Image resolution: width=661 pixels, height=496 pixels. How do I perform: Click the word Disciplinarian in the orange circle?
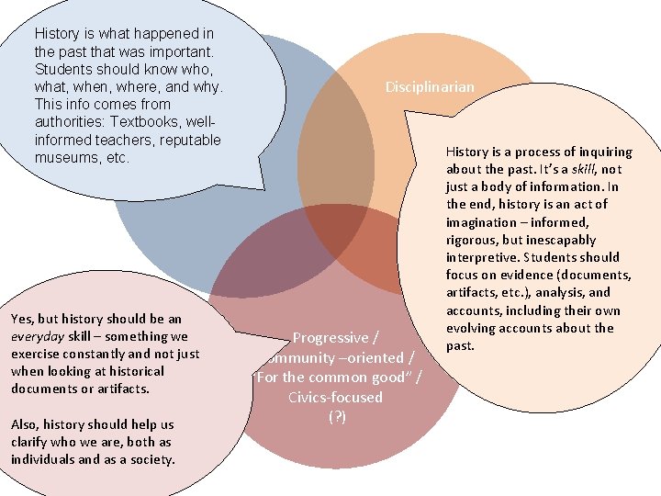click(x=430, y=87)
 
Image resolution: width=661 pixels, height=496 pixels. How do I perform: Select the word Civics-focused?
click(x=335, y=397)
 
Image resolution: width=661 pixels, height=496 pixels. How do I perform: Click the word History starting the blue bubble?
click(x=58, y=34)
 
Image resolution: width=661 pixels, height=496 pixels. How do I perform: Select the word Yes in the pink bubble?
click(x=22, y=319)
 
